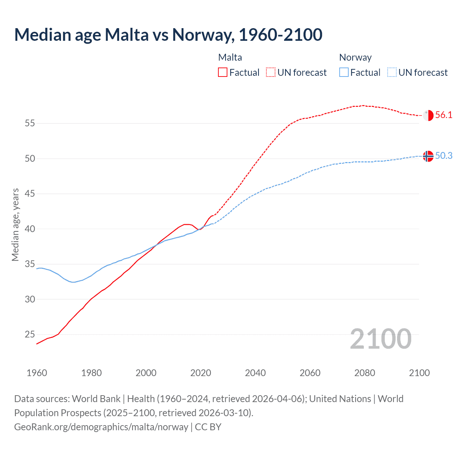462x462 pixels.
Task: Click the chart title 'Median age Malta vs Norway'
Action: click(x=168, y=35)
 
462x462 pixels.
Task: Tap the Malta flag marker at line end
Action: click(x=428, y=115)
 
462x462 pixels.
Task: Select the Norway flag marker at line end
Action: click(x=428, y=156)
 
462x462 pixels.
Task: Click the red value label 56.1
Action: click(x=444, y=115)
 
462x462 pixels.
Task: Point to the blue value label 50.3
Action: click(x=444, y=156)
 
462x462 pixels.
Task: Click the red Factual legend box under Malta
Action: click(x=223, y=73)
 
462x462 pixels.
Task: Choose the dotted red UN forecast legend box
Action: click(x=271, y=73)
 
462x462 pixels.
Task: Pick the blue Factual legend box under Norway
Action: click(x=344, y=73)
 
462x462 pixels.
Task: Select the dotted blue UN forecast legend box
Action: click(x=392, y=73)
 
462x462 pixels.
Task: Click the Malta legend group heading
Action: click(x=230, y=57)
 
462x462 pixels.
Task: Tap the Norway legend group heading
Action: click(x=355, y=57)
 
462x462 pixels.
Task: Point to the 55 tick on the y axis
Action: click(x=30, y=123)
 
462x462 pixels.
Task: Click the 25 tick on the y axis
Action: click(x=30, y=335)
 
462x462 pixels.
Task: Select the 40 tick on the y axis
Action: click(x=30, y=229)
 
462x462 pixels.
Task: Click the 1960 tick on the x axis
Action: click(x=37, y=373)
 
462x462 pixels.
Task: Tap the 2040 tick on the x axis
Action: click(x=255, y=373)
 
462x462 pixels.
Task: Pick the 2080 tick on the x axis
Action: click(x=365, y=373)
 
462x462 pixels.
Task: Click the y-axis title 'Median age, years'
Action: click(x=15, y=225)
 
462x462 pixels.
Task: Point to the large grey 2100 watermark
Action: click(x=380, y=339)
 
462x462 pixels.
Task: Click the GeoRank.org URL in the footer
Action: click(x=101, y=427)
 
